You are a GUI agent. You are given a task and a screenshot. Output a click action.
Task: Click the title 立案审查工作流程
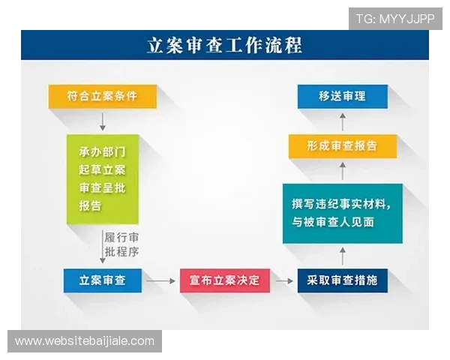pos(224,45)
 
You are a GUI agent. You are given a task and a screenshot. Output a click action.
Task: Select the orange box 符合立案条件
pos(102,97)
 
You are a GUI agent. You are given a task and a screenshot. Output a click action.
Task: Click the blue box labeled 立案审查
pos(102,280)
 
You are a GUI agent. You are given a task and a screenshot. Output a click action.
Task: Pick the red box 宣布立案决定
pos(224,280)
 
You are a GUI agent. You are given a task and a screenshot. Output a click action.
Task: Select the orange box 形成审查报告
pos(342,145)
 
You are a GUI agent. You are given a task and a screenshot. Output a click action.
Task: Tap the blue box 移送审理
pos(342,96)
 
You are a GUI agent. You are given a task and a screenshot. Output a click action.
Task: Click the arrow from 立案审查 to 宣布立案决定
pos(157,281)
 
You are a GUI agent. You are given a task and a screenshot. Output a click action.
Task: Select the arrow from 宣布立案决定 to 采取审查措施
pos(283,281)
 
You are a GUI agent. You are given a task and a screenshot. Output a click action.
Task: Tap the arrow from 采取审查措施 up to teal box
pos(342,256)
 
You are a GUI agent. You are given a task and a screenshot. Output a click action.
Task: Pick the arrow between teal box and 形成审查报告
pos(342,171)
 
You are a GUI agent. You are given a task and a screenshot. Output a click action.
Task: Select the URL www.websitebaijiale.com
pos(84,341)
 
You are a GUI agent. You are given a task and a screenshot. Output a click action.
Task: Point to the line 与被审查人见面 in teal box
pos(333,223)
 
